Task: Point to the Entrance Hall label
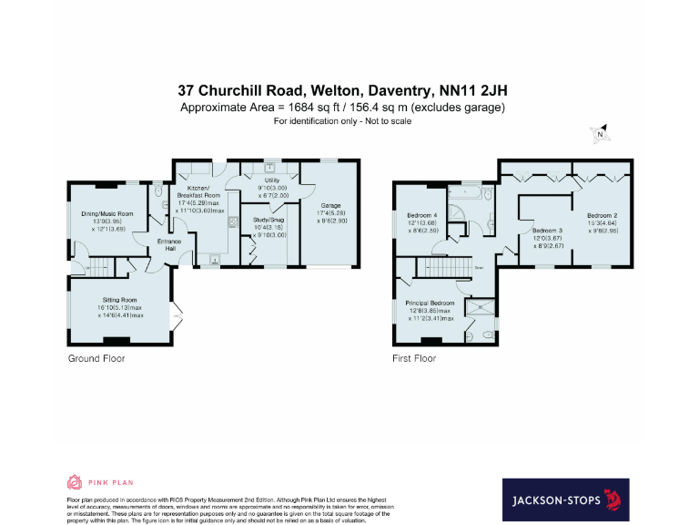(x=169, y=245)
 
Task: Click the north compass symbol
(x=600, y=135)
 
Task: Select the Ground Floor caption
(x=96, y=358)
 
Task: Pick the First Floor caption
(x=413, y=358)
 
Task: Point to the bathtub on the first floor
(x=470, y=192)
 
